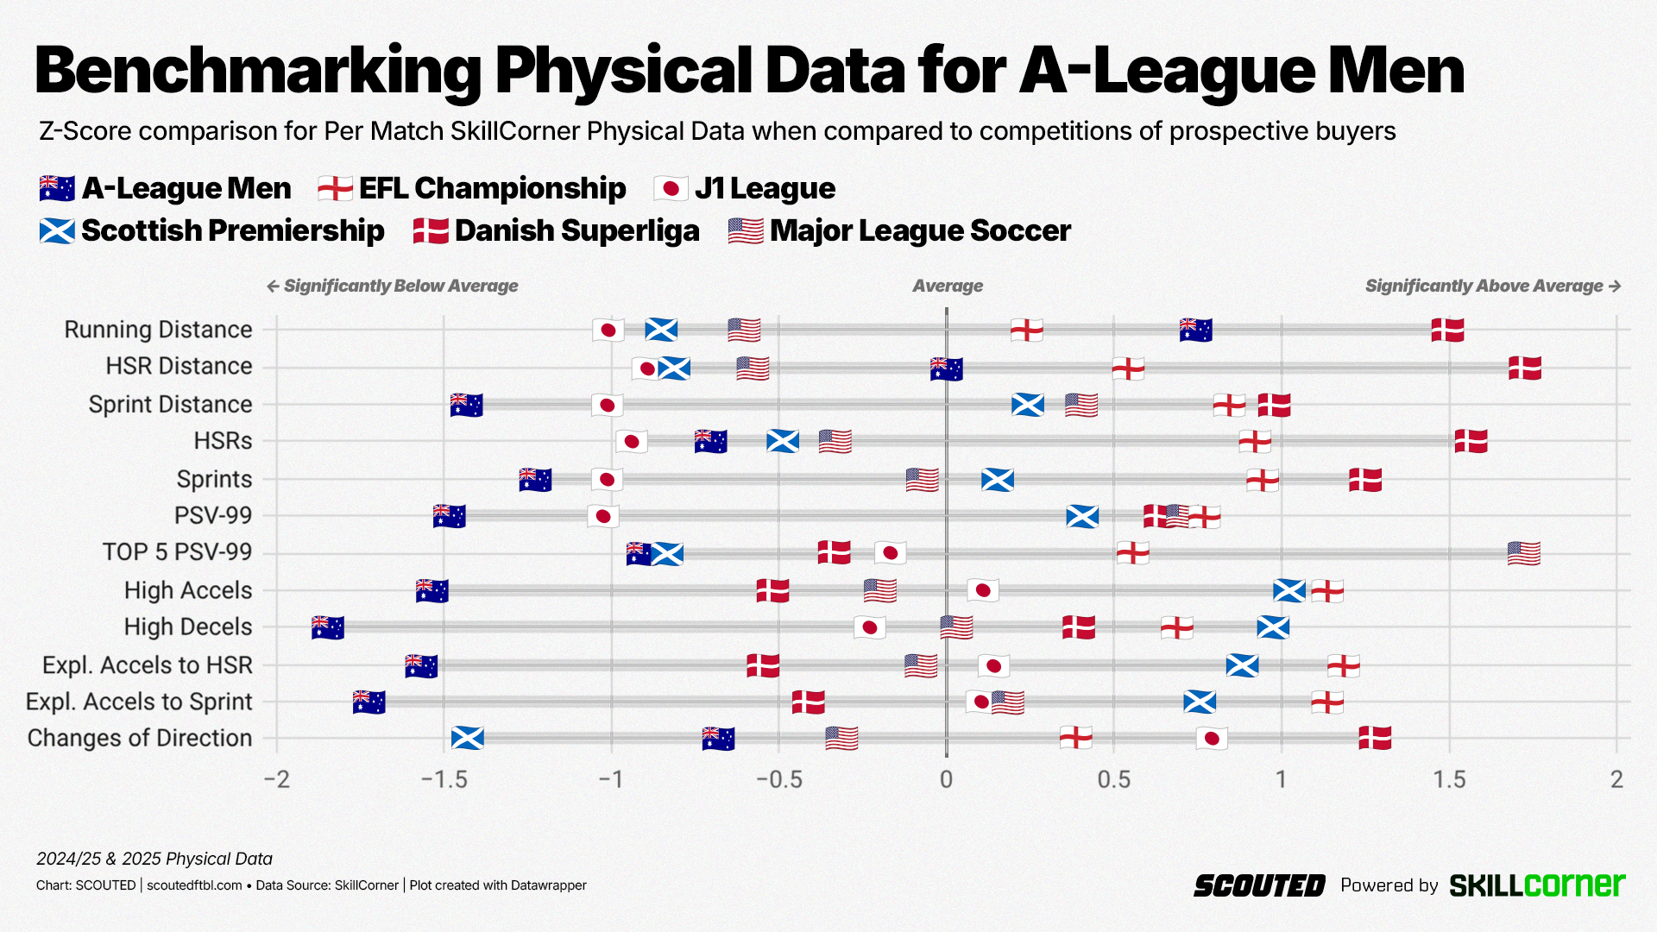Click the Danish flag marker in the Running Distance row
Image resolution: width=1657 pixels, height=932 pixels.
(1447, 330)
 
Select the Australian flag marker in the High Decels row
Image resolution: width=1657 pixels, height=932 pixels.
(328, 627)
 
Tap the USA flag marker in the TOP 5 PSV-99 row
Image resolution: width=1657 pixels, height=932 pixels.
(1523, 553)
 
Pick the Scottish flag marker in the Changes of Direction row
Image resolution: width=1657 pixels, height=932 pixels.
(468, 738)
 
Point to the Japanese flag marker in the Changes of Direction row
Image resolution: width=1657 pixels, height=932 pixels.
(1212, 738)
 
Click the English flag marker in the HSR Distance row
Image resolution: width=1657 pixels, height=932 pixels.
(1128, 368)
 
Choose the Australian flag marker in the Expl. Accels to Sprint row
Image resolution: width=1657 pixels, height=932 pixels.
(369, 702)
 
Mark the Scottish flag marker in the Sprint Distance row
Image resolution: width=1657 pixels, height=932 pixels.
(1028, 404)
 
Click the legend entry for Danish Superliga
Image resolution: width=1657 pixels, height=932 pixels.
(557, 230)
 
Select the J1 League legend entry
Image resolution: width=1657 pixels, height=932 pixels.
(746, 188)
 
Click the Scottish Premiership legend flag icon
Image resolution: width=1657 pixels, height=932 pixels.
(57, 231)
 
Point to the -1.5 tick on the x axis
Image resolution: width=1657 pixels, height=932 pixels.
(444, 780)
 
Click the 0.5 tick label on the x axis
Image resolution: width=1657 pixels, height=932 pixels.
(1113, 780)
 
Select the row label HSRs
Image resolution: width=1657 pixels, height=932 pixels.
(223, 441)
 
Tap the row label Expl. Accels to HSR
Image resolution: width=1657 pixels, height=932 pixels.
(148, 665)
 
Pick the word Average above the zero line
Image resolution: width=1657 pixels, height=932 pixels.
(948, 286)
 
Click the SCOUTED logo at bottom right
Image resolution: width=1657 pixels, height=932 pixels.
(1259, 885)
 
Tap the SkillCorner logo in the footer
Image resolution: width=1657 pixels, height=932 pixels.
(1537, 885)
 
